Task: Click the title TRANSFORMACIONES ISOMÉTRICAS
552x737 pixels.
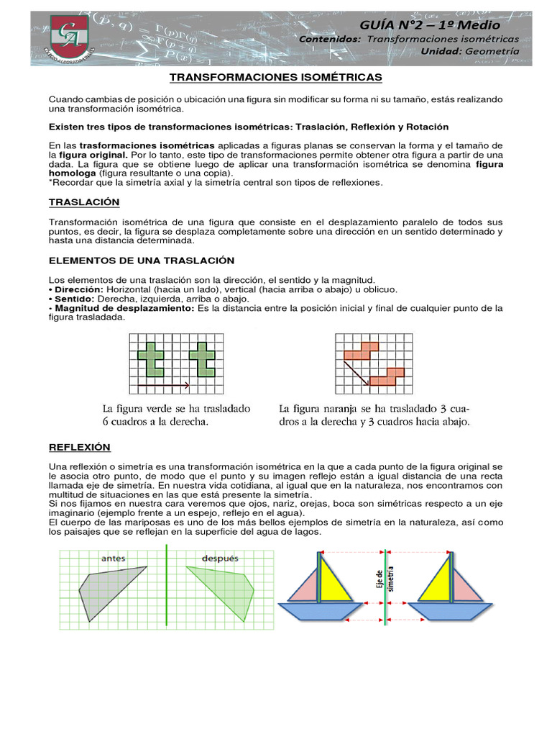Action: click(276, 76)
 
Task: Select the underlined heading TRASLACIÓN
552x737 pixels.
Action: click(83, 202)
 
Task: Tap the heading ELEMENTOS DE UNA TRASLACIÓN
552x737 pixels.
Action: click(141, 260)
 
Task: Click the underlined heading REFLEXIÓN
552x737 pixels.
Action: click(79, 447)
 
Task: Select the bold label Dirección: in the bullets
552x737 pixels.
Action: click(74, 289)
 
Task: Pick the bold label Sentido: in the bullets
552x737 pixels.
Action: click(71, 298)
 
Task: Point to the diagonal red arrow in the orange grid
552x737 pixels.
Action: click(355, 371)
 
